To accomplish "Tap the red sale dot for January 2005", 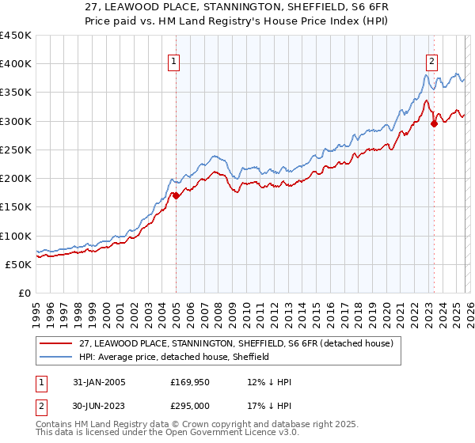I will (176, 195).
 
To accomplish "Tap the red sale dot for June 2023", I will (434, 123).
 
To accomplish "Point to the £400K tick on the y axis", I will (16, 64).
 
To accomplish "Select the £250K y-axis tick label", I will (16, 150).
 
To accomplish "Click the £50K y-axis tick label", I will (19, 264).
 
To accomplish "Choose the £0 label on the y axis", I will (25, 293).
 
